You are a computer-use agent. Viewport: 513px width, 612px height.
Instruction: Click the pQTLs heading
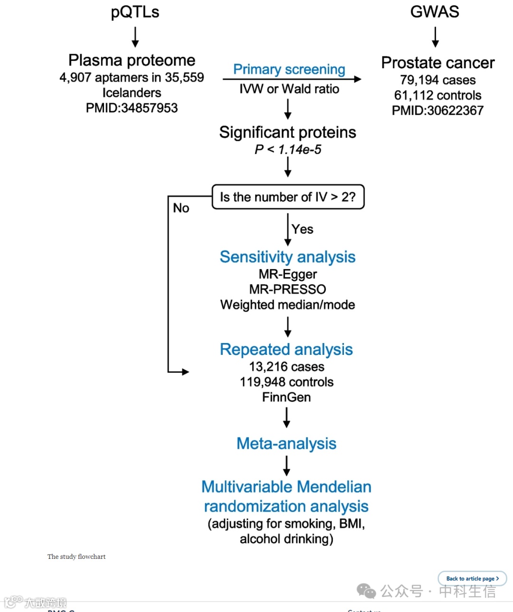click(135, 12)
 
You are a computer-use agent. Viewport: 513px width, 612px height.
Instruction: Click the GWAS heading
click(435, 12)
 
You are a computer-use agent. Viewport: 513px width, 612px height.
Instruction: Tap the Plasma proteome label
click(132, 60)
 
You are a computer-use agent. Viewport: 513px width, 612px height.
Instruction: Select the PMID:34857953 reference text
click(132, 108)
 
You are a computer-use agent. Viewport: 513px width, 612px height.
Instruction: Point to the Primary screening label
click(289, 69)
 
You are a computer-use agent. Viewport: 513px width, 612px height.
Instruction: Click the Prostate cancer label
click(437, 63)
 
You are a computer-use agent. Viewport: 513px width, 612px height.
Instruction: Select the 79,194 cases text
click(437, 80)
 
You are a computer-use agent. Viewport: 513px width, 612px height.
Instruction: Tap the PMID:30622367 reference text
click(437, 111)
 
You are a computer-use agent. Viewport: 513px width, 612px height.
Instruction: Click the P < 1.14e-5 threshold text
click(288, 149)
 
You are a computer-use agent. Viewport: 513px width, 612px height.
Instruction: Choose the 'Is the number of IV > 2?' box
click(288, 197)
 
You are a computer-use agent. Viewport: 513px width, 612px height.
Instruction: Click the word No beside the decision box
click(181, 208)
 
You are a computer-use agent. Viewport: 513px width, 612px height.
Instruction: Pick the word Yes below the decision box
click(303, 229)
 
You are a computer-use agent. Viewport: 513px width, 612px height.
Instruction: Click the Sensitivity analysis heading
click(287, 257)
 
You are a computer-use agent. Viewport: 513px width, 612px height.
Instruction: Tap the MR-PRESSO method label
click(287, 289)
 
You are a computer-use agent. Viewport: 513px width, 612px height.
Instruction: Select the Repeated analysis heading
click(286, 350)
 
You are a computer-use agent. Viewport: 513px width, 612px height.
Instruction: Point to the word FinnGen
click(286, 397)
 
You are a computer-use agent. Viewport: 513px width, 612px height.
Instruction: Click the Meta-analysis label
click(286, 444)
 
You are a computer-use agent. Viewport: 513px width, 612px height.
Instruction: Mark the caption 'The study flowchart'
click(76, 556)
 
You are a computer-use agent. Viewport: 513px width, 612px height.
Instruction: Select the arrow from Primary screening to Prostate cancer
click(292, 79)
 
